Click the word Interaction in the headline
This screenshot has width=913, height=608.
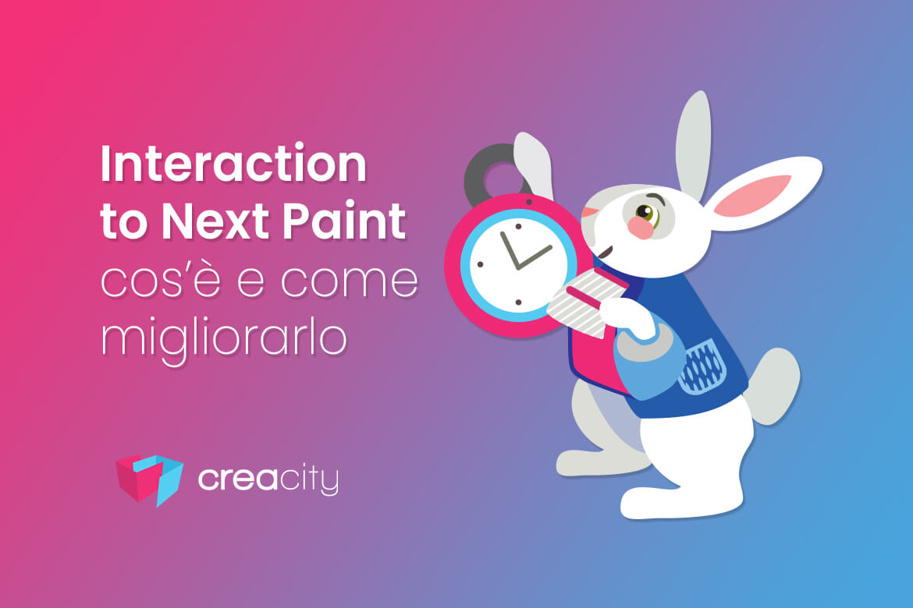tap(233, 164)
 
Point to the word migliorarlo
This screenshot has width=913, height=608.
tap(224, 338)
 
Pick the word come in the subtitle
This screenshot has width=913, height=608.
tap(350, 281)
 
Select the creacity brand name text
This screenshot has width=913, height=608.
tap(268, 479)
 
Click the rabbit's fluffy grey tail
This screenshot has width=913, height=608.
tap(774, 385)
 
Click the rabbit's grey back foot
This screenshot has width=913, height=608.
tap(594, 462)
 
